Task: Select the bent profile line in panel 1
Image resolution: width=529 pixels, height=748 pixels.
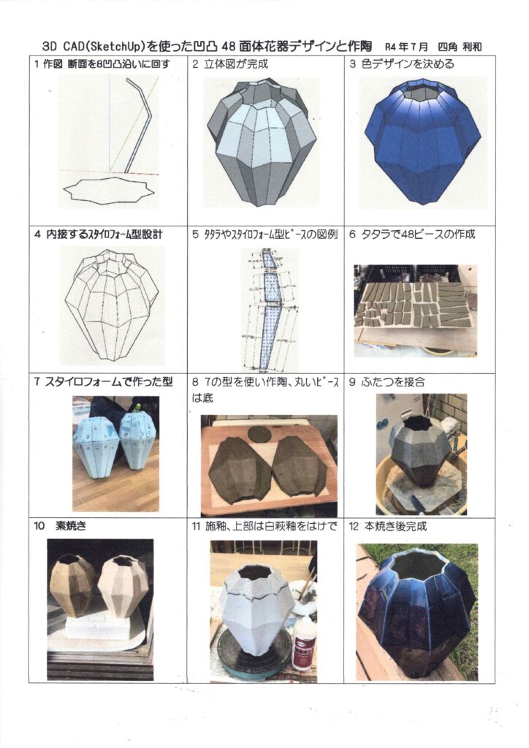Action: tap(138, 124)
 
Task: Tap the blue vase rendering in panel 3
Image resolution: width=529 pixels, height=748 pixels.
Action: tap(422, 139)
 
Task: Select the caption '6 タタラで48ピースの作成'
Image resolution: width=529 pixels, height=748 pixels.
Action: tap(412, 234)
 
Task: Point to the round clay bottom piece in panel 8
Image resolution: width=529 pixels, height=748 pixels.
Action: tap(259, 434)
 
